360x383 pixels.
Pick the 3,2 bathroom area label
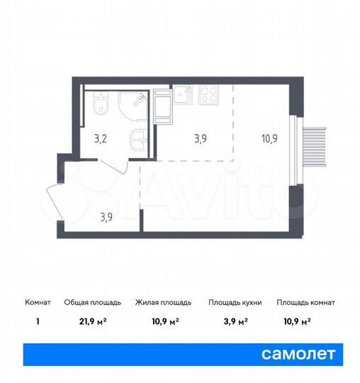[x=102, y=138]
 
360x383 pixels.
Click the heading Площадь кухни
[x=235, y=302]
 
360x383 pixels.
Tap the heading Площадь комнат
[x=305, y=302]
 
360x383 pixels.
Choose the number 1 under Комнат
[x=36, y=321]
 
